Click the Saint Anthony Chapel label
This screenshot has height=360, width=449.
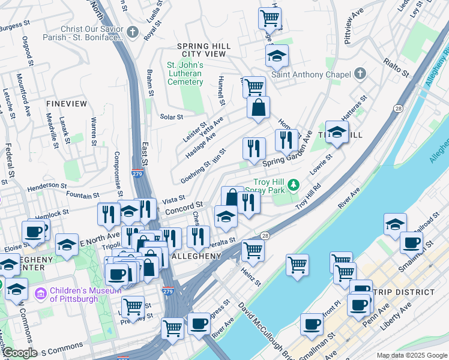tap(310, 74)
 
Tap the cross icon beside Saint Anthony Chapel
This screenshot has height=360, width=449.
tap(360, 74)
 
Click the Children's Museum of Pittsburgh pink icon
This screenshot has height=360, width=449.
tap(41, 294)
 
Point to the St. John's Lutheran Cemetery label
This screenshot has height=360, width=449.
tap(184, 73)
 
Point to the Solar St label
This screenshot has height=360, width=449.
tap(171, 116)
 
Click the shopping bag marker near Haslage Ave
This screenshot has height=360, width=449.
tap(258, 109)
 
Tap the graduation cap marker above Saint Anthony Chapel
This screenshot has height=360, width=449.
tap(277, 56)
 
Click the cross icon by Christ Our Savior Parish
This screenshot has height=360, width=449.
tap(133, 31)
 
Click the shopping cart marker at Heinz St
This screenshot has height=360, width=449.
tap(253, 251)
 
